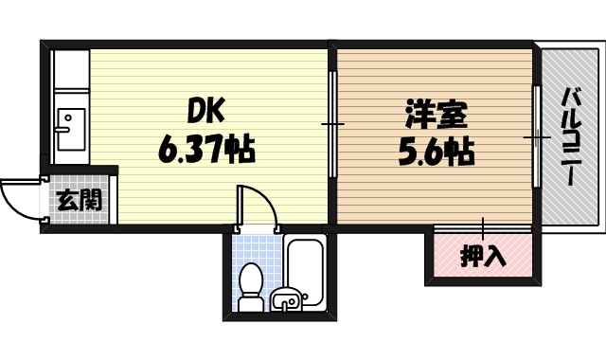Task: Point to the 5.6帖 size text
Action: [x=437, y=152]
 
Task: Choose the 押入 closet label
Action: [x=483, y=254]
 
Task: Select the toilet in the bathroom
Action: [x=251, y=286]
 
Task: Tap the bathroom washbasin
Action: [x=285, y=301]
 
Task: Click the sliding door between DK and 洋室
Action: [x=332, y=123]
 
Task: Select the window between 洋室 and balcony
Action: [x=536, y=138]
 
